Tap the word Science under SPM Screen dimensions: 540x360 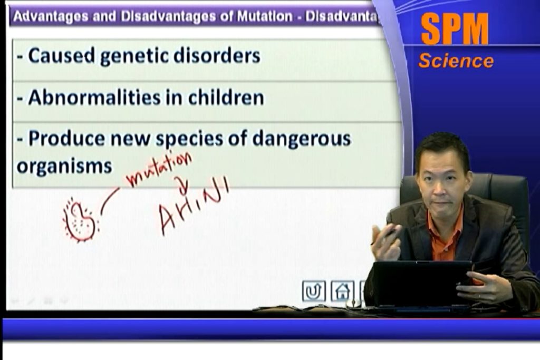click(456, 61)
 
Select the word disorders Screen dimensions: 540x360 click(217, 55)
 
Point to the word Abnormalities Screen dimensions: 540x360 click(94, 98)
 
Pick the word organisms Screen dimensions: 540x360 click(64, 166)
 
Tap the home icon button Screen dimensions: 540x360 click(342, 291)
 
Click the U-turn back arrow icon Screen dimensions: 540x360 click(314, 291)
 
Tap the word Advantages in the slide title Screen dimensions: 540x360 click(50, 16)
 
